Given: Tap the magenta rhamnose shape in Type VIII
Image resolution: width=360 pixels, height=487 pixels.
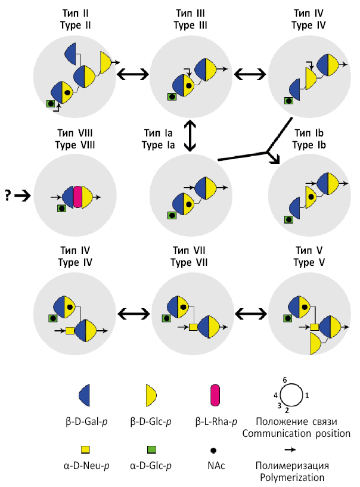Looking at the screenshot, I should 77,197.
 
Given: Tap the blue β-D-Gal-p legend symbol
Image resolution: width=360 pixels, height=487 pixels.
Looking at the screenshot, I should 85,395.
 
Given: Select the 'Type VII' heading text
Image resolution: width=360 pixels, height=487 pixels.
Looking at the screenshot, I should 190,263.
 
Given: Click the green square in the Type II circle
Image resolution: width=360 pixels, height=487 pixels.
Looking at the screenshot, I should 51,104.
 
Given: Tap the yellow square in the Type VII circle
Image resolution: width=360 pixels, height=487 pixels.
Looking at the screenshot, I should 193,327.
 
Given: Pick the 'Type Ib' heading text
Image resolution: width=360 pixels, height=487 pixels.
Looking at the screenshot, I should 308,144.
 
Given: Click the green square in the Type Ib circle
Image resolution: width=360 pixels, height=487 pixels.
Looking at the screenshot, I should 288,219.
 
